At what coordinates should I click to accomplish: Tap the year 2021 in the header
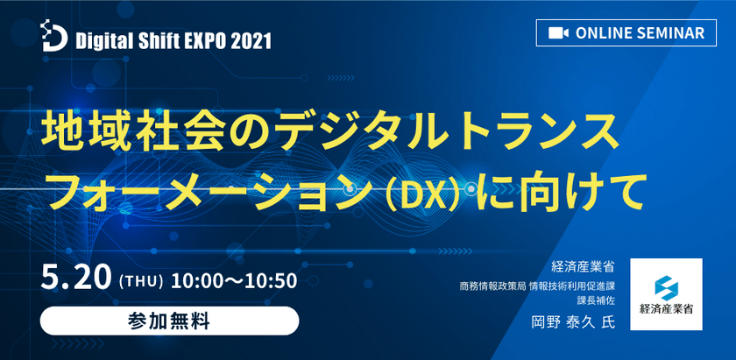254,40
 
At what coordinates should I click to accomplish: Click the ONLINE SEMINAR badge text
640,32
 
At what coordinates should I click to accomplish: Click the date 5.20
75,280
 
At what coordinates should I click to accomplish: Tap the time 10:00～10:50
234,281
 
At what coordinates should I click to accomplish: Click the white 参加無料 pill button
169,320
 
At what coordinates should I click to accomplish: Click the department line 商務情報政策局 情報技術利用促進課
549,286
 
